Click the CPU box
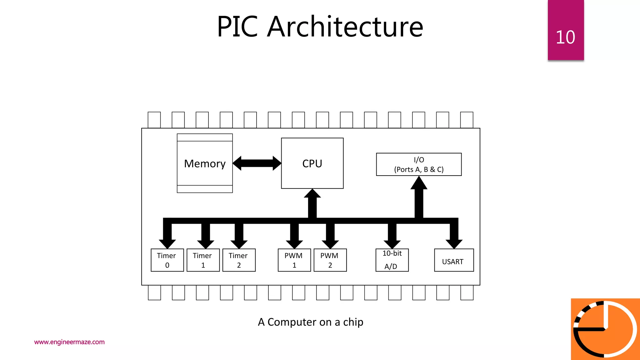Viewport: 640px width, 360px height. (312, 163)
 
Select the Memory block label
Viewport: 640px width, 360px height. (205, 163)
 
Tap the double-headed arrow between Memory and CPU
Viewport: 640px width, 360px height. (257, 163)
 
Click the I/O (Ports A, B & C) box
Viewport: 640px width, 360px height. (419, 164)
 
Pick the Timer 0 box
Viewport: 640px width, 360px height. (167, 260)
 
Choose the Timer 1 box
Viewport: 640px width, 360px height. (203, 260)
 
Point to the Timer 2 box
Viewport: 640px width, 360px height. (239, 260)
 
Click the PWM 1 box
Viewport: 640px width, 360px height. (294, 260)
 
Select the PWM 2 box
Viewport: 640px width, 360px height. (330, 260)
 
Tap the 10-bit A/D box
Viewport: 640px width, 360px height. (392, 260)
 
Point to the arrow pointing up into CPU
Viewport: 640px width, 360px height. (312, 203)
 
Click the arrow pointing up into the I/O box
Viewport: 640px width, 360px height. (419, 197)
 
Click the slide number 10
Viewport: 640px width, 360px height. (565, 37)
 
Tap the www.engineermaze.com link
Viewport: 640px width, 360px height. (69, 342)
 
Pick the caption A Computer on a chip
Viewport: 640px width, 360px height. (311, 322)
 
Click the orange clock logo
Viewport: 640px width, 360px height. (605, 329)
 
